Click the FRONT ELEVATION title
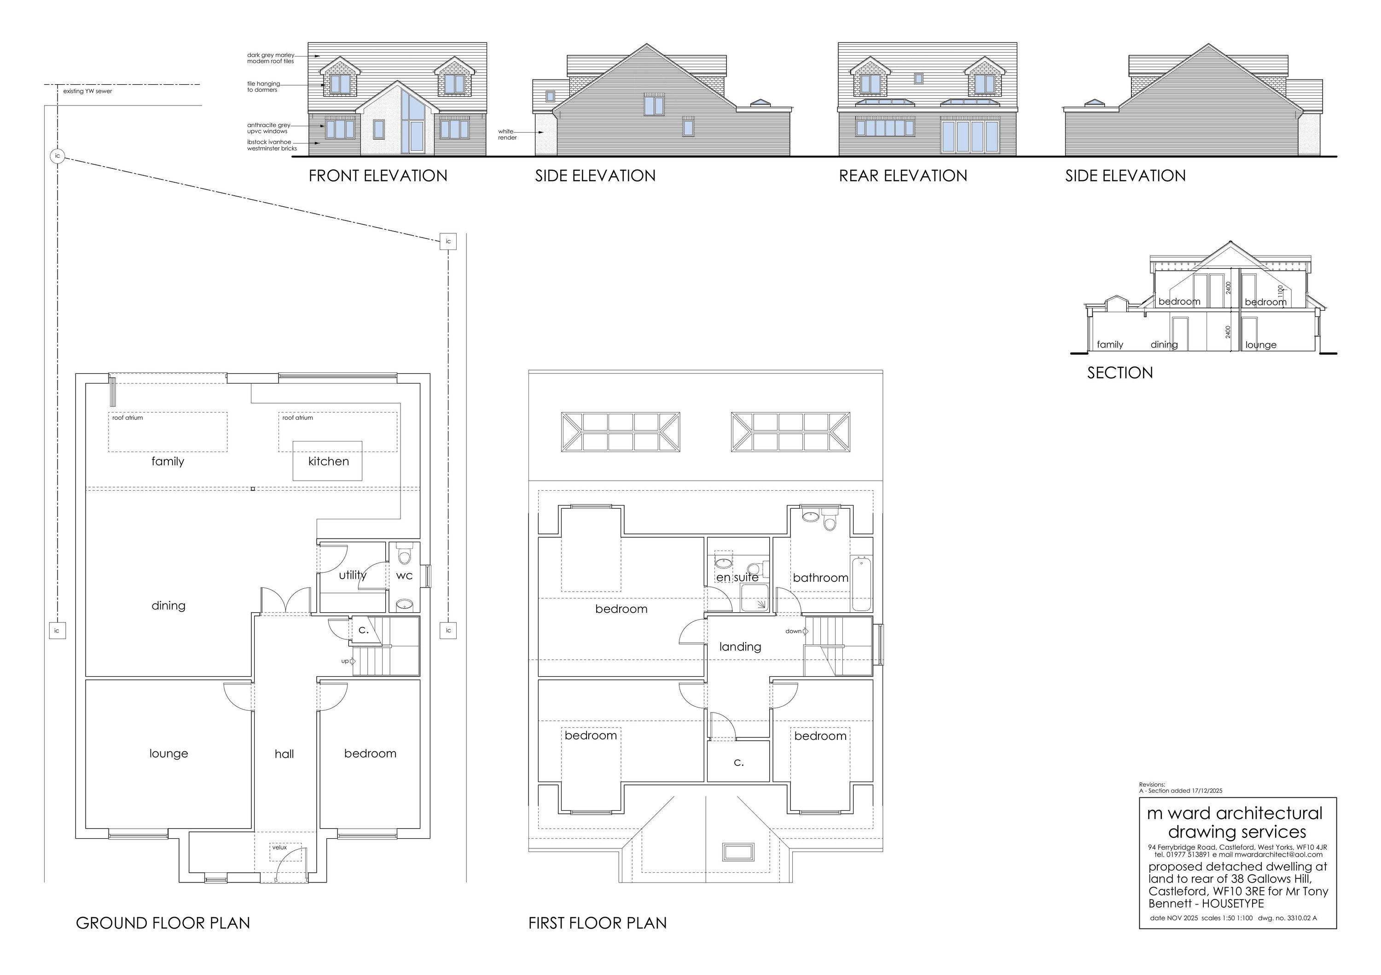378,176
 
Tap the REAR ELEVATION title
903,176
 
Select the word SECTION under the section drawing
1120,373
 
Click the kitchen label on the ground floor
328,461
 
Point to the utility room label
352,575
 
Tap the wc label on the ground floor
404,575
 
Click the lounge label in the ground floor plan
168,754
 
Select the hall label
284,754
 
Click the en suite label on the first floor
737,577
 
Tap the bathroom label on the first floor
820,578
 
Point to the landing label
740,647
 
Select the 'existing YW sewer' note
87,92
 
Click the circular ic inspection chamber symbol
57,156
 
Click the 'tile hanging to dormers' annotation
263,87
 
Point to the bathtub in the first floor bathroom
861,583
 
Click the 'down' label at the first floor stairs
793,631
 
